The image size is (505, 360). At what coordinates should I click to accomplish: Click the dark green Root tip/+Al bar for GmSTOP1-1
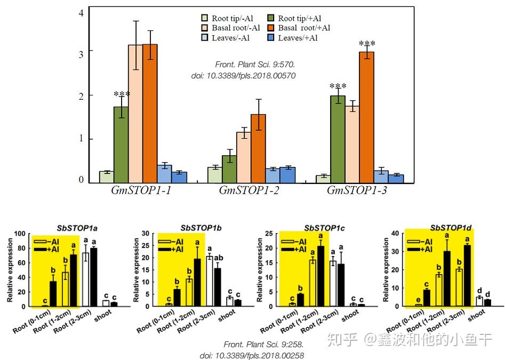[x=121, y=145]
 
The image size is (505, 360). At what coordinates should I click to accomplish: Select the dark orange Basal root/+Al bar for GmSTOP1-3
[x=366, y=117]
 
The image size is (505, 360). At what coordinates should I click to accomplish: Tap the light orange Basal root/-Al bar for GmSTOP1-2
[x=244, y=157]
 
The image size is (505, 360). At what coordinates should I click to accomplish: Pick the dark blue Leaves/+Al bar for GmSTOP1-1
[x=179, y=177]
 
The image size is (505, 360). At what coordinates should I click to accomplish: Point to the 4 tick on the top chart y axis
[x=81, y=13]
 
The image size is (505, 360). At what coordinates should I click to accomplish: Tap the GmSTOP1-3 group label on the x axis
[x=357, y=190]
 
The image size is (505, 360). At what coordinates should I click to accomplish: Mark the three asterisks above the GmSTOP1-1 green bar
[x=122, y=95]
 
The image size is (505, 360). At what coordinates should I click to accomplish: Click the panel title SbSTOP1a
[x=77, y=228]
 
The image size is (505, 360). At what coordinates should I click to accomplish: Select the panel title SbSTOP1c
[x=324, y=228]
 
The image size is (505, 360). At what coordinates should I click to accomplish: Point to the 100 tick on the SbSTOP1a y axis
[x=20, y=234]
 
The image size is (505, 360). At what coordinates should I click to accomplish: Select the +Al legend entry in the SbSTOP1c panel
[x=294, y=249]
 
